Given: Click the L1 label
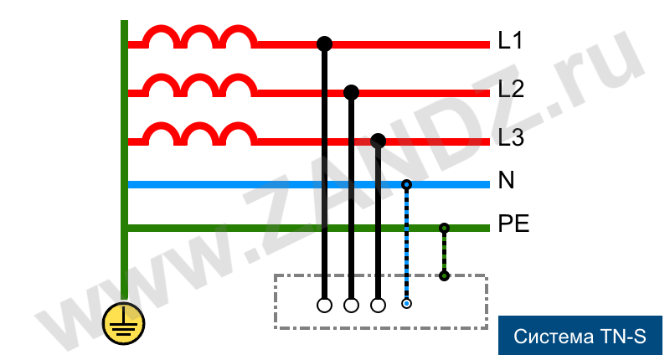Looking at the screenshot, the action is pyautogui.click(x=510, y=40).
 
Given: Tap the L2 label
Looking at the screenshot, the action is pyautogui.click(x=511, y=89).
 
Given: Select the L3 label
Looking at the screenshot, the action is pyautogui.click(x=511, y=137).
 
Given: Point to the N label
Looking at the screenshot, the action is pyautogui.click(x=507, y=180).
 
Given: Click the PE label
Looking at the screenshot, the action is pyautogui.click(x=514, y=224).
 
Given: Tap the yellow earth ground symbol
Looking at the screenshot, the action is pyautogui.click(x=123, y=323).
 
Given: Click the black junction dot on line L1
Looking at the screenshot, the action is pyautogui.click(x=324, y=44).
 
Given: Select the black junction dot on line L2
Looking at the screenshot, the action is pyautogui.click(x=351, y=92).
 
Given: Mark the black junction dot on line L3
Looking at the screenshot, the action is pyautogui.click(x=378, y=141).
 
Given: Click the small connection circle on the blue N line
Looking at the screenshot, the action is pyautogui.click(x=406, y=184).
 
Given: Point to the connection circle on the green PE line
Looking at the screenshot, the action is pyautogui.click(x=444, y=228).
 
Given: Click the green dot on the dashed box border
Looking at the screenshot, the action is pyautogui.click(x=444, y=276).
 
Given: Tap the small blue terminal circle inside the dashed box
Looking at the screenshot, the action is pyautogui.click(x=406, y=304).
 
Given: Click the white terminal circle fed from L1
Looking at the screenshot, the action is pyautogui.click(x=324, y=306).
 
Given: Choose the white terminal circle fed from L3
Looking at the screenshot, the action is pyautogui.click(x=378, y=306).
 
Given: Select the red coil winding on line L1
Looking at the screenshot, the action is pyautogui.click(x=199, y=37).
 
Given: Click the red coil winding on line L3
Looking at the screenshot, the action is pyautogui.click(x=199, y=134).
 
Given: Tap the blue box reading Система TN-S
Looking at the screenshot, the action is pyautogui.click(x=580, y=335).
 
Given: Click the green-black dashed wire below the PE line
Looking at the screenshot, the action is pyautogui.click(x=444, y=252).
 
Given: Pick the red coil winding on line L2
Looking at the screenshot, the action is pyautogui.click(x=199, y=85).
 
